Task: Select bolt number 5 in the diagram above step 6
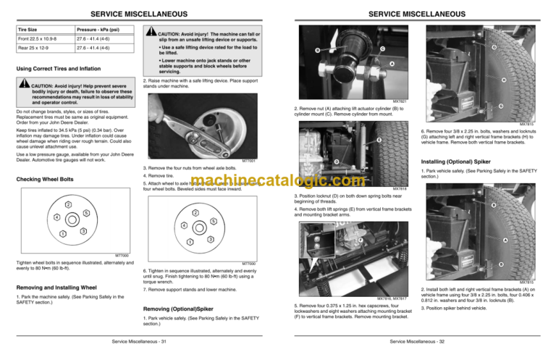[214, 220]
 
